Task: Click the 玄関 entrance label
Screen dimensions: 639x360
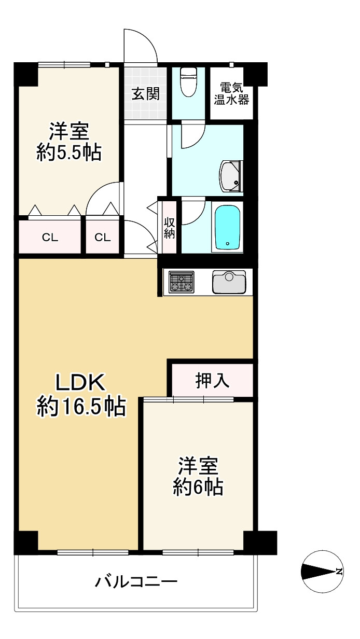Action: point(145,94)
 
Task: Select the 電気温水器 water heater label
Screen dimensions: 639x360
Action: point(231,94)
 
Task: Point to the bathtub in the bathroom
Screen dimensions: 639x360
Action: point(227,227)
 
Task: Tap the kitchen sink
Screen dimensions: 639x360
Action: point(228,282)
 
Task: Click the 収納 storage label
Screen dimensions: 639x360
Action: point(170,227)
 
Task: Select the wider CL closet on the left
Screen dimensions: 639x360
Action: point(50,238)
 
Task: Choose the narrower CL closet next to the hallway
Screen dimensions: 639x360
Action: point(103,238)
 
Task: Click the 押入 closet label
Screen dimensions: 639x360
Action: point(212,381)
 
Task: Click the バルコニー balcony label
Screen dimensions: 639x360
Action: point(136,581)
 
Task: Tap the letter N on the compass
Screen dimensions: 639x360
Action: point(339,572)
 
